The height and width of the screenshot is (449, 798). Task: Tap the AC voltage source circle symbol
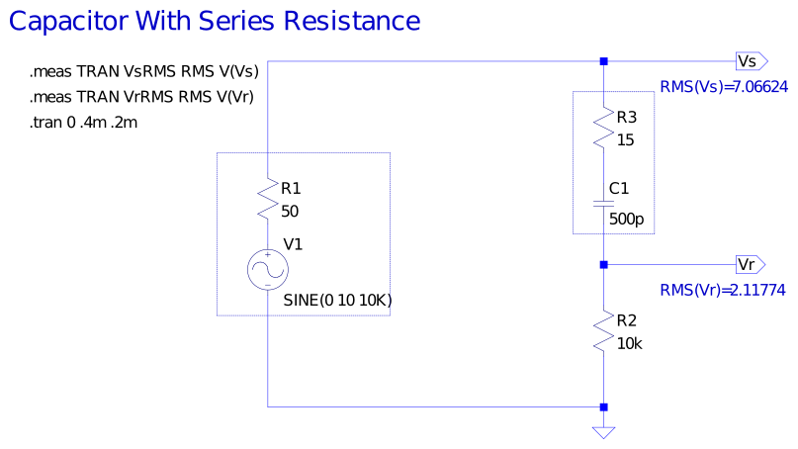click(268, 269)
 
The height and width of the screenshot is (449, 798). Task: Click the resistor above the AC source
click(268, 199)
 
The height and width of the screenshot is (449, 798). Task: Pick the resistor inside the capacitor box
click(603, 128)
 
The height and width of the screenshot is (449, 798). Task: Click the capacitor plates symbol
click(603, 205)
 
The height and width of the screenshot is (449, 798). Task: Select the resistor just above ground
click(603, 330)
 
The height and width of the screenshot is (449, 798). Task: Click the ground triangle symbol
click(603, 432)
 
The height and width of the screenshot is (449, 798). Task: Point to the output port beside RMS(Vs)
click(751, 61)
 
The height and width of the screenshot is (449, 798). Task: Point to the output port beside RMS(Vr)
click(750, 265)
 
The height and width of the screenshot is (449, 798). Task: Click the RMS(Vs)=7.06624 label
click(723, 88)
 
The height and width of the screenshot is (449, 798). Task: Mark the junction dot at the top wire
click(603, 61)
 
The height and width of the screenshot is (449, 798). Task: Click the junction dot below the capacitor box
click(603, 265)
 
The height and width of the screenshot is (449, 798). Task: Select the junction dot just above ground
click(603, 406)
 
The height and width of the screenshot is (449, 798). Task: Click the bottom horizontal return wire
click(435, 406)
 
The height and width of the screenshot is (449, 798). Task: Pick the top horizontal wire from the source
click(435, 61)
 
